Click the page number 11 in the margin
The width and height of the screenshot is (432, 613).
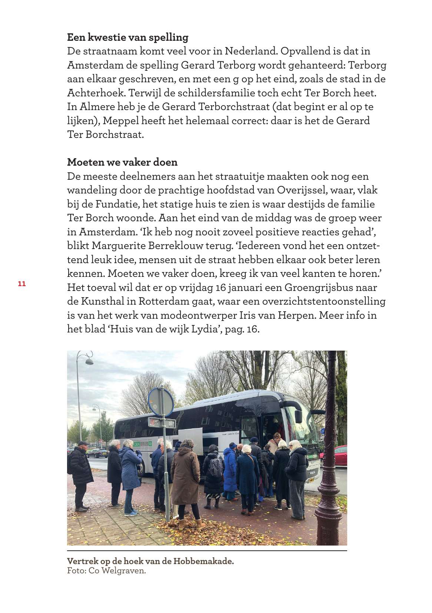(x=21, y=284)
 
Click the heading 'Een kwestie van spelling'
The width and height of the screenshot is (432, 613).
(x=127, y=37)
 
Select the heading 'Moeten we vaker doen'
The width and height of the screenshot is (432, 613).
(x=122, y=162)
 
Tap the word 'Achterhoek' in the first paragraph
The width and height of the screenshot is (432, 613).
(x=96, y=93)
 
